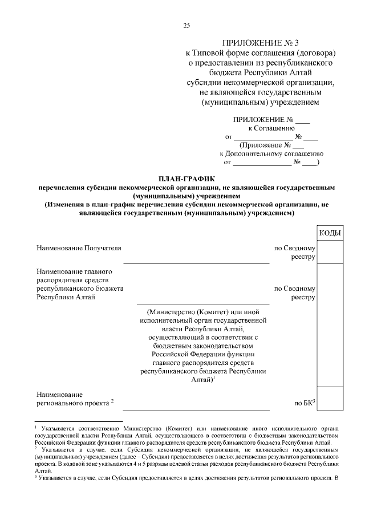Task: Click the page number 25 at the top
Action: point(186,26)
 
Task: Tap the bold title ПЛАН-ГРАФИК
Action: point(185,178)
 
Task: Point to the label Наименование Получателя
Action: point(79,249)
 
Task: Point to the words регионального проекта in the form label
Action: point(72,403)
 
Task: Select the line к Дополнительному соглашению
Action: point(271,153)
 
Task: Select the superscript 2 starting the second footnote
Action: point(35,448)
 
